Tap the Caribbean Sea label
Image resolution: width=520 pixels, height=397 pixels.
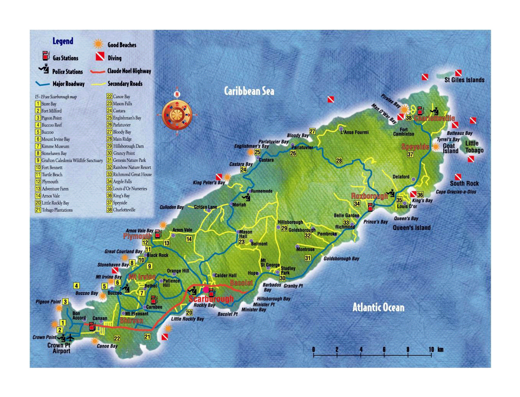(249, 91)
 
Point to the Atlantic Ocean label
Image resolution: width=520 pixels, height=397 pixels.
(378, 307)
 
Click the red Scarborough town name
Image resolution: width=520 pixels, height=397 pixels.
(211, 299)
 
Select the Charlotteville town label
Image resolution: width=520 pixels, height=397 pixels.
(434, 118)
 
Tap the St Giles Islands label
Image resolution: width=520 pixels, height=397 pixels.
(464, 80)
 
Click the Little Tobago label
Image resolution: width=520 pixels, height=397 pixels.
(474, 147)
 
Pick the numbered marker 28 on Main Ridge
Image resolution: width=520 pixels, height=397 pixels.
(339, 161)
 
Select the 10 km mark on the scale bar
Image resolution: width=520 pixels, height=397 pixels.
(431, 350)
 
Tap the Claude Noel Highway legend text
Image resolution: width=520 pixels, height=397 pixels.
(129, 71)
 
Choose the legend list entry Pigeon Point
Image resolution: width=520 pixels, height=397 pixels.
(52, 118)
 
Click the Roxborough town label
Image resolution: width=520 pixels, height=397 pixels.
(369, 196)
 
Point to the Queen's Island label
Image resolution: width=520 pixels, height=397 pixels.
(411, 228)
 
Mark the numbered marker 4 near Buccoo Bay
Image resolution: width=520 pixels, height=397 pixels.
(77, 286)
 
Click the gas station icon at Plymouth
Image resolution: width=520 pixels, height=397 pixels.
(158, 234)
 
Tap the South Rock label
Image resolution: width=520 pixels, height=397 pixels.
(464, 184)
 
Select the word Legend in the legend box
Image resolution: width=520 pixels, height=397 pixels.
(63, 41)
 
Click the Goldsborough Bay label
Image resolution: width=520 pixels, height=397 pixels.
(341, 259)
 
